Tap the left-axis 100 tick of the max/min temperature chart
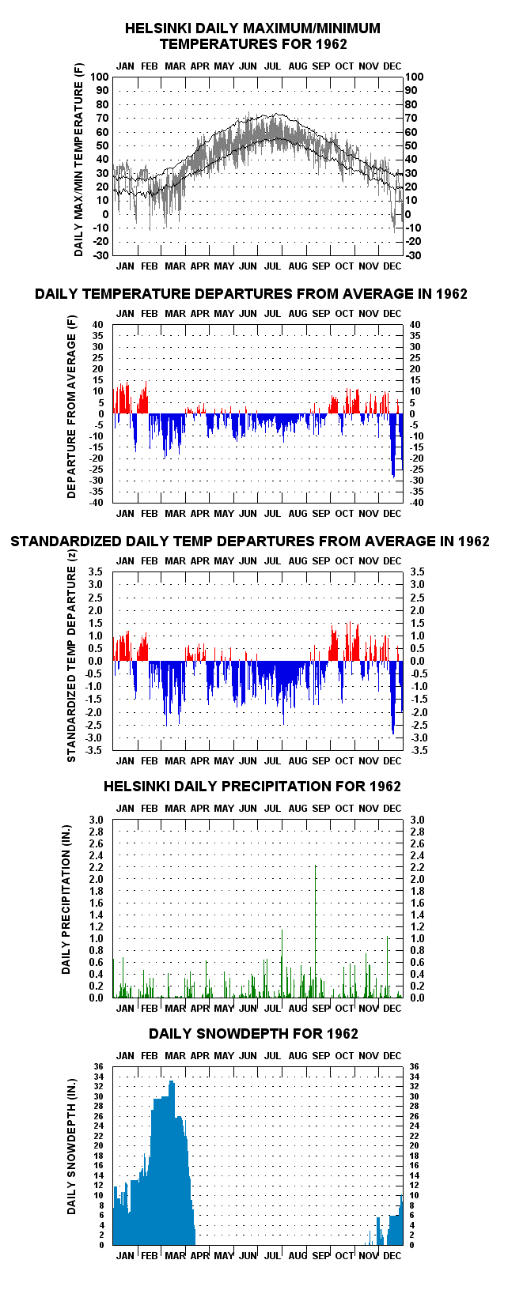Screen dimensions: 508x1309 click(x=99, y=77)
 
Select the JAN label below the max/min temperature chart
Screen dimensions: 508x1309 click(x=125, y=266)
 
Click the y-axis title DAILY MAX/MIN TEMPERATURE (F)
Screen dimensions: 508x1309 click(x=79, y=169)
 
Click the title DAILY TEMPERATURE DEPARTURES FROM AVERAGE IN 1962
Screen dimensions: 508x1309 click(x=251, y=293)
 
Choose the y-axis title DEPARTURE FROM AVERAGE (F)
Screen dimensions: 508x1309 click(x=71, y=407)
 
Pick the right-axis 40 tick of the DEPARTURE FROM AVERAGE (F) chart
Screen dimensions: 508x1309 click(x=415, y=325)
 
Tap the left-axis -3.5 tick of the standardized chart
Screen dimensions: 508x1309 click(x=94, y=750)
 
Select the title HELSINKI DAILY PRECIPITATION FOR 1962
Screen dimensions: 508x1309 click(x=252, y=786)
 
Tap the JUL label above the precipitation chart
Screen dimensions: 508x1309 click(x=272, y=808)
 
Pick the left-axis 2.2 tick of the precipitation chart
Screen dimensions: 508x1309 click(x=97, y=867)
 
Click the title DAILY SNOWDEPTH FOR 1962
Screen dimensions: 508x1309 click(x=253, y=1034)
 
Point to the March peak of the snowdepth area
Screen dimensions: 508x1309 click(x=172, y=1081)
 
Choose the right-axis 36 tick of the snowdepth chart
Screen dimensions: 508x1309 click(x=414, y=1066)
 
